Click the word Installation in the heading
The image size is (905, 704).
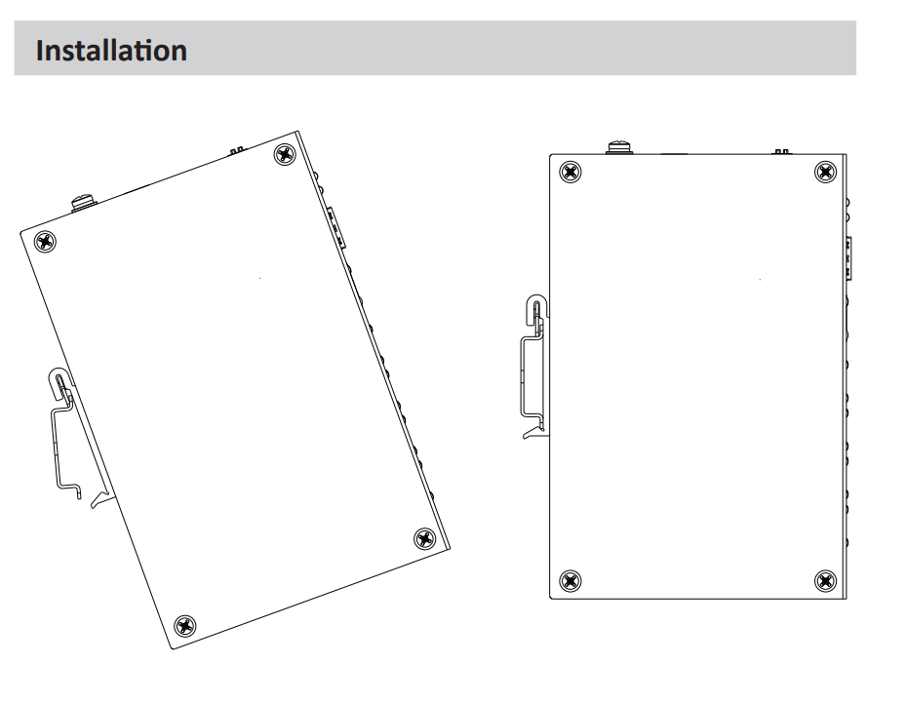point(111,50)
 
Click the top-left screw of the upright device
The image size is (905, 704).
point(571,172)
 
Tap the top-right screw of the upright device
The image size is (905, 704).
point(825,172)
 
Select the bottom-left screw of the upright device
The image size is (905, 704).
point(571,580)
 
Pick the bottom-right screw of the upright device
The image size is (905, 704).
point(825,580)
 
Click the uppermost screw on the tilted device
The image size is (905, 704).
point(285,155)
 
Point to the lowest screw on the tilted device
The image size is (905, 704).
point(184,626)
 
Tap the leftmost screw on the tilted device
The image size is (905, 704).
point(46,242)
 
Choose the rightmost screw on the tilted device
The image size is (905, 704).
point(425,538)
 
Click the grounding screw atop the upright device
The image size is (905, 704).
point(620,147)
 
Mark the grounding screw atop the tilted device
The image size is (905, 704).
point(84,203)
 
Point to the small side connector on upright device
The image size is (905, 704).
point(849,258)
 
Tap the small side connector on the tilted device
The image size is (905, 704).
point(336,228)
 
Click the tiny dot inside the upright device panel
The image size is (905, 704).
point(760,279)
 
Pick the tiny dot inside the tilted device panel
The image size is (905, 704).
point(260,278)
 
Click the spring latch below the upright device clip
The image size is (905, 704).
point(532,432)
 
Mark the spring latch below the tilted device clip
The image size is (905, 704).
point(99,498)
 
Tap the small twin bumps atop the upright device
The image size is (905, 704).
point(781,152)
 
